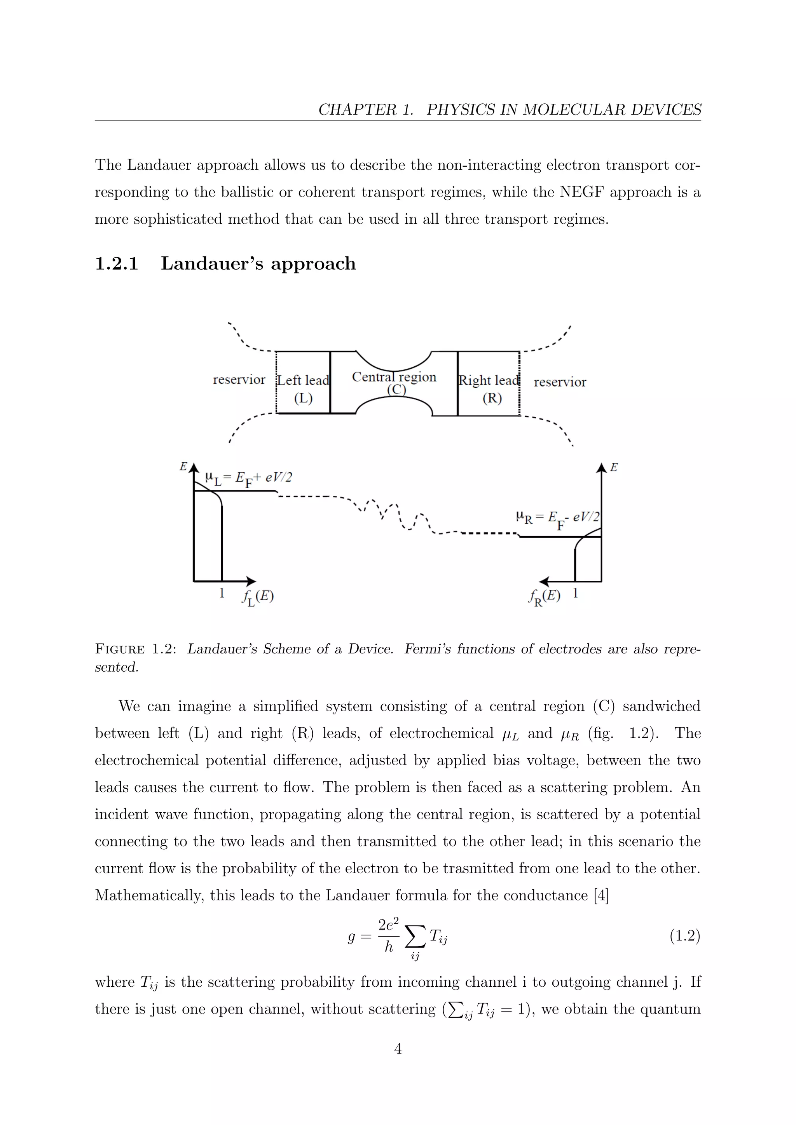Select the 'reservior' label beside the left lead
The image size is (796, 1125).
click(239, 380)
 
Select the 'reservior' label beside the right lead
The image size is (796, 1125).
click(560, 382)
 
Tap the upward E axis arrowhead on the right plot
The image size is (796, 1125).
click(601, 468)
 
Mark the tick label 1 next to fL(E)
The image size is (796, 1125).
click(222, 593)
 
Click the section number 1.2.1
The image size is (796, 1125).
click(117, 264)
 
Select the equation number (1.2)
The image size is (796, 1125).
click(685, 936)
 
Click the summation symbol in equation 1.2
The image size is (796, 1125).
click(415, 938)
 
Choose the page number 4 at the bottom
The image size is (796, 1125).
click(398, 1048)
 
